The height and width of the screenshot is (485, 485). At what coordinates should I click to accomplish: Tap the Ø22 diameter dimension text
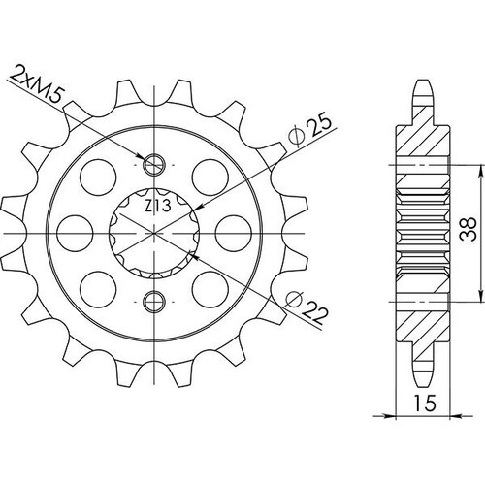(307, 308)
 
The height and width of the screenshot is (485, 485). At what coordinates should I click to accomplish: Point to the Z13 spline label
(157, 206)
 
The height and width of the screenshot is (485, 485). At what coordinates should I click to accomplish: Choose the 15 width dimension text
(425, 404)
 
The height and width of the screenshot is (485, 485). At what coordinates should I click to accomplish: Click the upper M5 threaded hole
(154, 165)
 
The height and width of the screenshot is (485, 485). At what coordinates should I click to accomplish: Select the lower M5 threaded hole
(154, 302)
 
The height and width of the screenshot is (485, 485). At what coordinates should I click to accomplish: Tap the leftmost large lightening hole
(75, 233)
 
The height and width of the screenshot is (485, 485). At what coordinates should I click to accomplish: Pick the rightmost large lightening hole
(233, 233)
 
